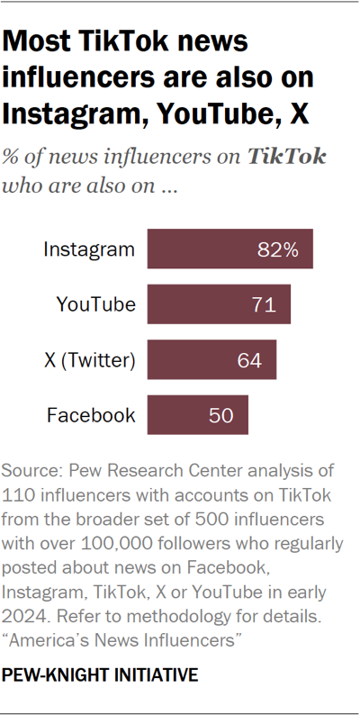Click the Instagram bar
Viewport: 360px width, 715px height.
point(229,249)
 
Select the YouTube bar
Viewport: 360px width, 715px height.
point(219,305)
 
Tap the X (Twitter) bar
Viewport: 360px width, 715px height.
point(211,360)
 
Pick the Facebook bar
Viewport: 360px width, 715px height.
point(197,415)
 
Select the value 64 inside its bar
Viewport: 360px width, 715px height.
point(249,361)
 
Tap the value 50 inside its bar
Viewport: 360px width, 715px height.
point(220,416)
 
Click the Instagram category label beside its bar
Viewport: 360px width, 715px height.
point(89,249)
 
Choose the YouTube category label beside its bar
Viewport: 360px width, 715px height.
point(95,305)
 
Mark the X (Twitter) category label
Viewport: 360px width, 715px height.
point(89,361)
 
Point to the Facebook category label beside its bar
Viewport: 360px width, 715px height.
point(91,416)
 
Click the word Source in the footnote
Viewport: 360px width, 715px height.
point(30,470)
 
